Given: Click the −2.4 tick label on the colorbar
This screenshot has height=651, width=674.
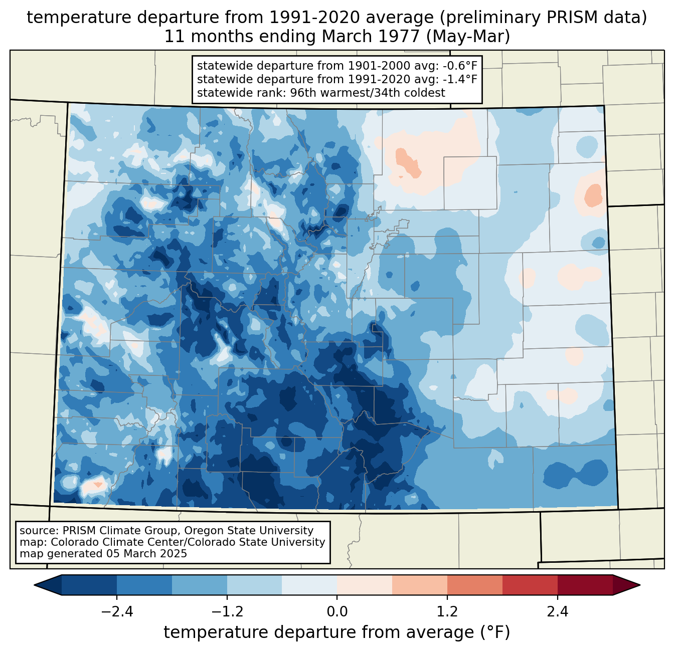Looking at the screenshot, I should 117,612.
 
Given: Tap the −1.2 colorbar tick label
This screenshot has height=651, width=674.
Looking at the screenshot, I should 227,612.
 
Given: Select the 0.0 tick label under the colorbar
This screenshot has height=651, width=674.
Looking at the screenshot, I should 337,612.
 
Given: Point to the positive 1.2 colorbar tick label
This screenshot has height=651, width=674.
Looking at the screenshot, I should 447,612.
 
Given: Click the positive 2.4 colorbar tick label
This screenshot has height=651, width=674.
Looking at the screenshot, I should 557,612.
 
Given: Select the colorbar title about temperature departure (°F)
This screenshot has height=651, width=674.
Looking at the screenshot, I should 337,632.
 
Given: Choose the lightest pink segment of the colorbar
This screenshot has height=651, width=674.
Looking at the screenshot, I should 365,585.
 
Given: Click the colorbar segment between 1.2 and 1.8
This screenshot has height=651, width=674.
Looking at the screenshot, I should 475,585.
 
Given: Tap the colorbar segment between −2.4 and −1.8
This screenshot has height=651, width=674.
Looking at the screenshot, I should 144,585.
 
